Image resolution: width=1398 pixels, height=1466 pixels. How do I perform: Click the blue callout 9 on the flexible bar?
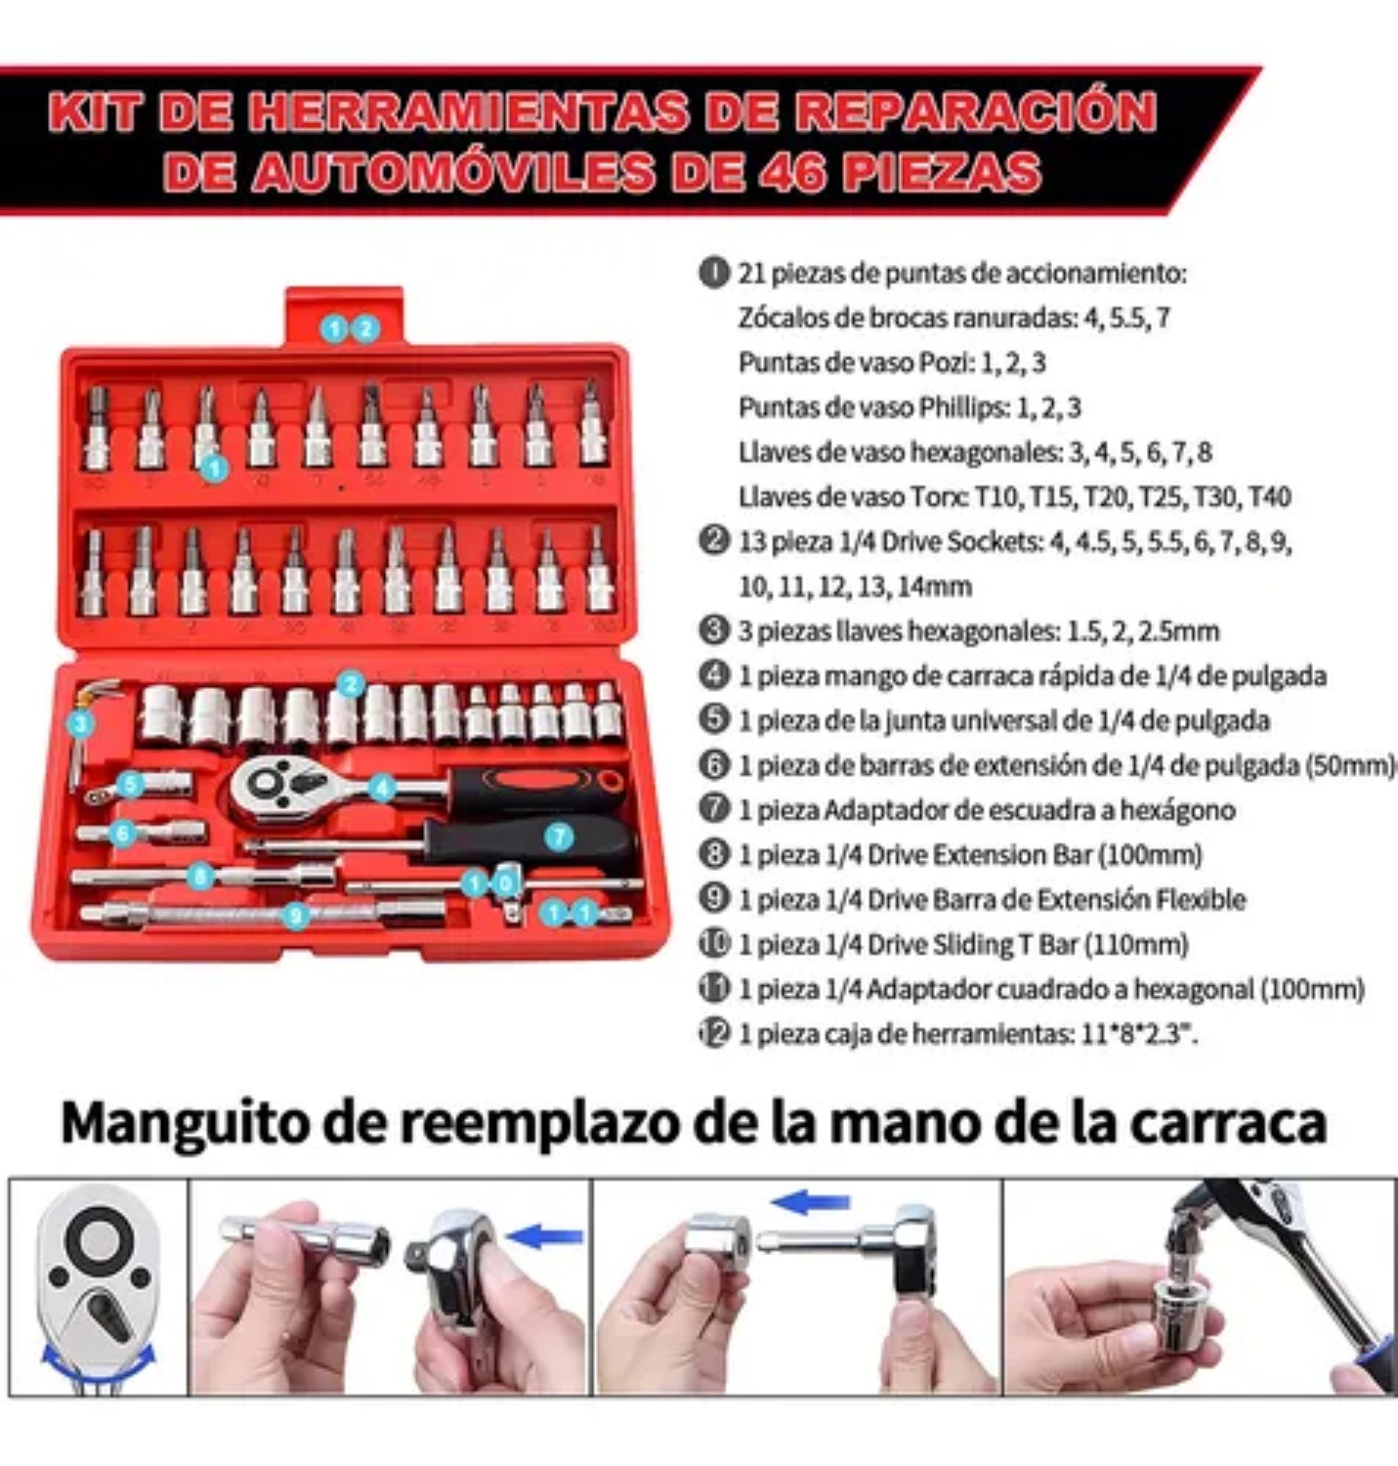tap(295, 916)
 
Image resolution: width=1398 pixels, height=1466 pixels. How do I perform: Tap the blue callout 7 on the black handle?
tap(558, 837)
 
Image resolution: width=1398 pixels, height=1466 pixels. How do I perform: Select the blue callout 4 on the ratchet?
tap(382, 787)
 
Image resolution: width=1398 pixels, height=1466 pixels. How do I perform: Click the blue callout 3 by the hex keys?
tap(81, 724)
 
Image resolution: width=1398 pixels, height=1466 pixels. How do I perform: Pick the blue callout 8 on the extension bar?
tap(200, 876)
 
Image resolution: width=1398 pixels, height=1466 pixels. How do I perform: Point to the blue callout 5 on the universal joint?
tap(131, 784)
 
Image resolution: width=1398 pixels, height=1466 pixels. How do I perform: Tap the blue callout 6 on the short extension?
tap(122, 834)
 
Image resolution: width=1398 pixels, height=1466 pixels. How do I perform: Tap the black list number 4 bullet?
tap(714, 674)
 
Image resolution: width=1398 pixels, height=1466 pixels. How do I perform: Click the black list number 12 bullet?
tap(714, 1032)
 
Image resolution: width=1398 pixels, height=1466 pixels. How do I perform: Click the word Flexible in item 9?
tap(1201, 899)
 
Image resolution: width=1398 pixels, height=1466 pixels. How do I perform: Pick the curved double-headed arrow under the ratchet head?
tap(98, 1360)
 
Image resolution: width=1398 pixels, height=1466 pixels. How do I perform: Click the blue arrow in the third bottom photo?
tap(810, 1202)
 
